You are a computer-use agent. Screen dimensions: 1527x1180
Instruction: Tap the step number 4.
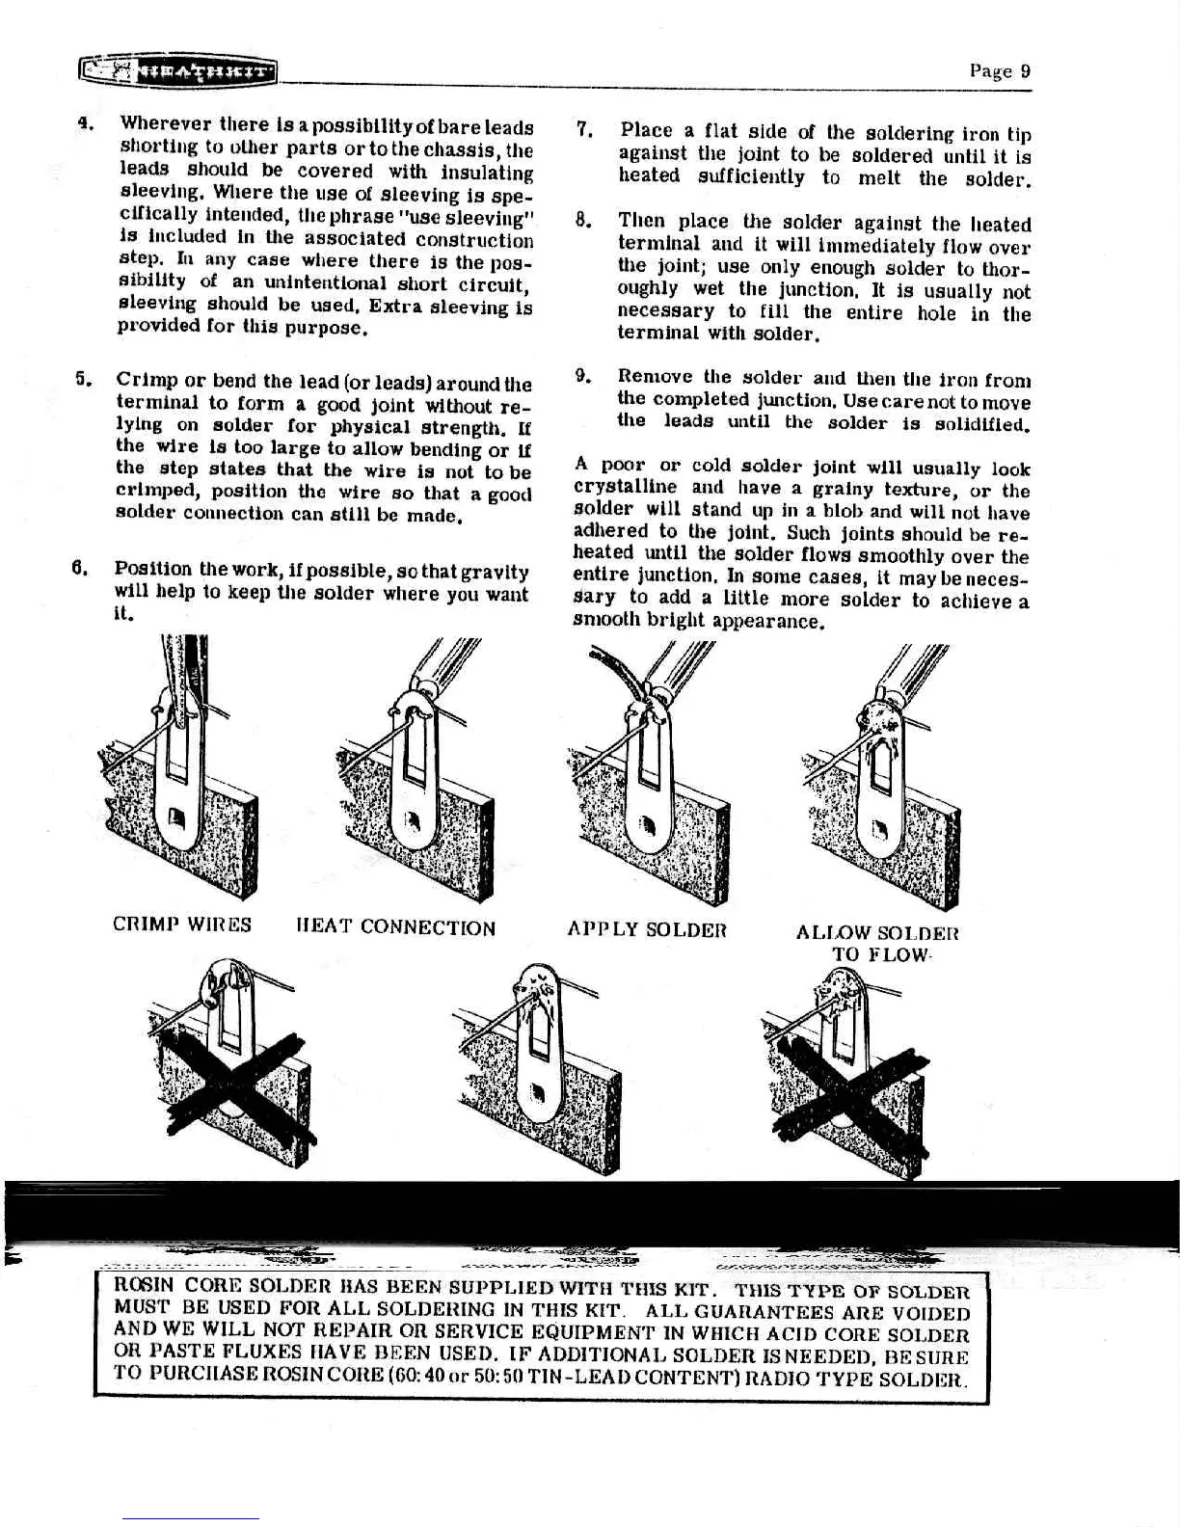point(84,124)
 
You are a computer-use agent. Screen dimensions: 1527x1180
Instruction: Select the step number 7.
point(583,129)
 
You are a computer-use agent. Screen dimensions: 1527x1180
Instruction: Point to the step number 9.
point(581,375)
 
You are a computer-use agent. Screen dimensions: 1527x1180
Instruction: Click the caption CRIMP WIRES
point(182,924)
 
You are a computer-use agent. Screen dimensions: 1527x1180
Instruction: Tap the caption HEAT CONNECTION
point(396,927)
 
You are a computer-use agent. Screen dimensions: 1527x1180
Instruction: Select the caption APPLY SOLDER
point(645,930)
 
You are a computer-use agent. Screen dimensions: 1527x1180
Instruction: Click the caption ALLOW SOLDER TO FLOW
point(877,943)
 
